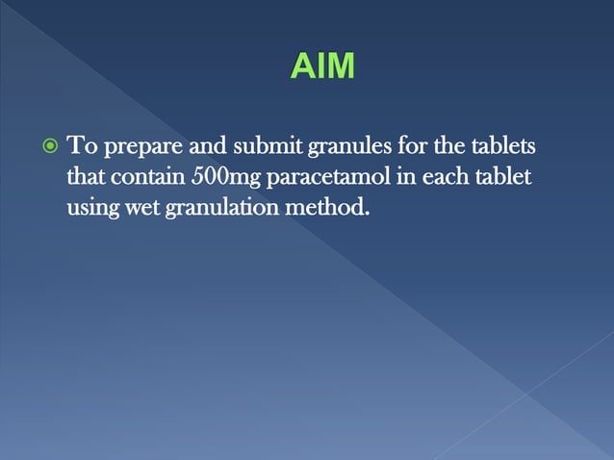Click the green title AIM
321,67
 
